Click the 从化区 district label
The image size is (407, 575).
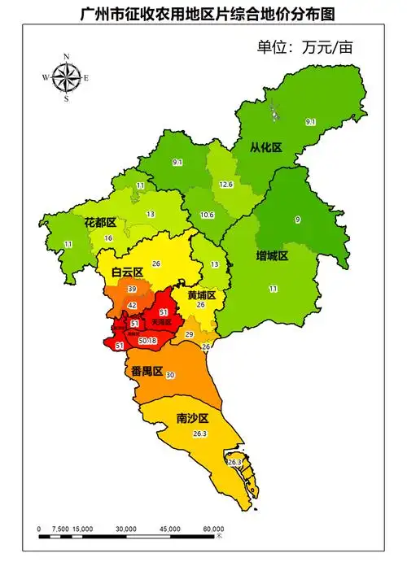point(265,147)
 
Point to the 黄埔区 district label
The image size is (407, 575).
point(201,294)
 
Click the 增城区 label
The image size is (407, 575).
point(272,255)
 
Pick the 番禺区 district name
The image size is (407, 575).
point(147,371)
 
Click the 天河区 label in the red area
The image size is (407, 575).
point(163,322)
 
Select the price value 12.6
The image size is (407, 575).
point(226,185)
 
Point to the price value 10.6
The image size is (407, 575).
point(207,215)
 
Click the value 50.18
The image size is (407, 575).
point(147,341)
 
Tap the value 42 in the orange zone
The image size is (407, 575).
point(132,305)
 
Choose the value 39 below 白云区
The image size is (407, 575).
point(132,289)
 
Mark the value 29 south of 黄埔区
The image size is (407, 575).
point(190,334)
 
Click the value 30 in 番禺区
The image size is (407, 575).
point(170,375)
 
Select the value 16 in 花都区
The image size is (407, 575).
point(108,237)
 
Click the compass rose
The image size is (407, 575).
point(65,78)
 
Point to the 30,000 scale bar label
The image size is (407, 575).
point(125,529)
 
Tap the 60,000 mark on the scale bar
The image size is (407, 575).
point(213,529)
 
